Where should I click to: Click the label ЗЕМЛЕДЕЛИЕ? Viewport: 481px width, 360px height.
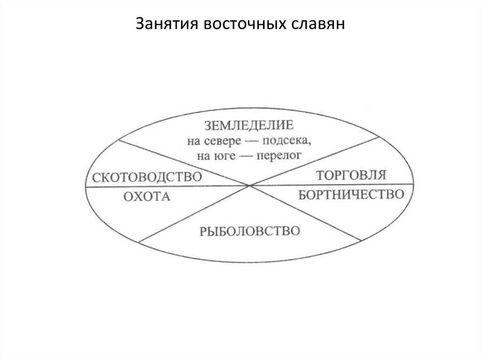249,125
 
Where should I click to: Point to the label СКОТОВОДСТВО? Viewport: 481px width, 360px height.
147,178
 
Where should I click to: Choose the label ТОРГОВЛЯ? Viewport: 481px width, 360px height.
351,176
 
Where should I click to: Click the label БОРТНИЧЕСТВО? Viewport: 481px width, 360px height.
352,194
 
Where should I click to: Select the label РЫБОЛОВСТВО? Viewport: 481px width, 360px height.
249,231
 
